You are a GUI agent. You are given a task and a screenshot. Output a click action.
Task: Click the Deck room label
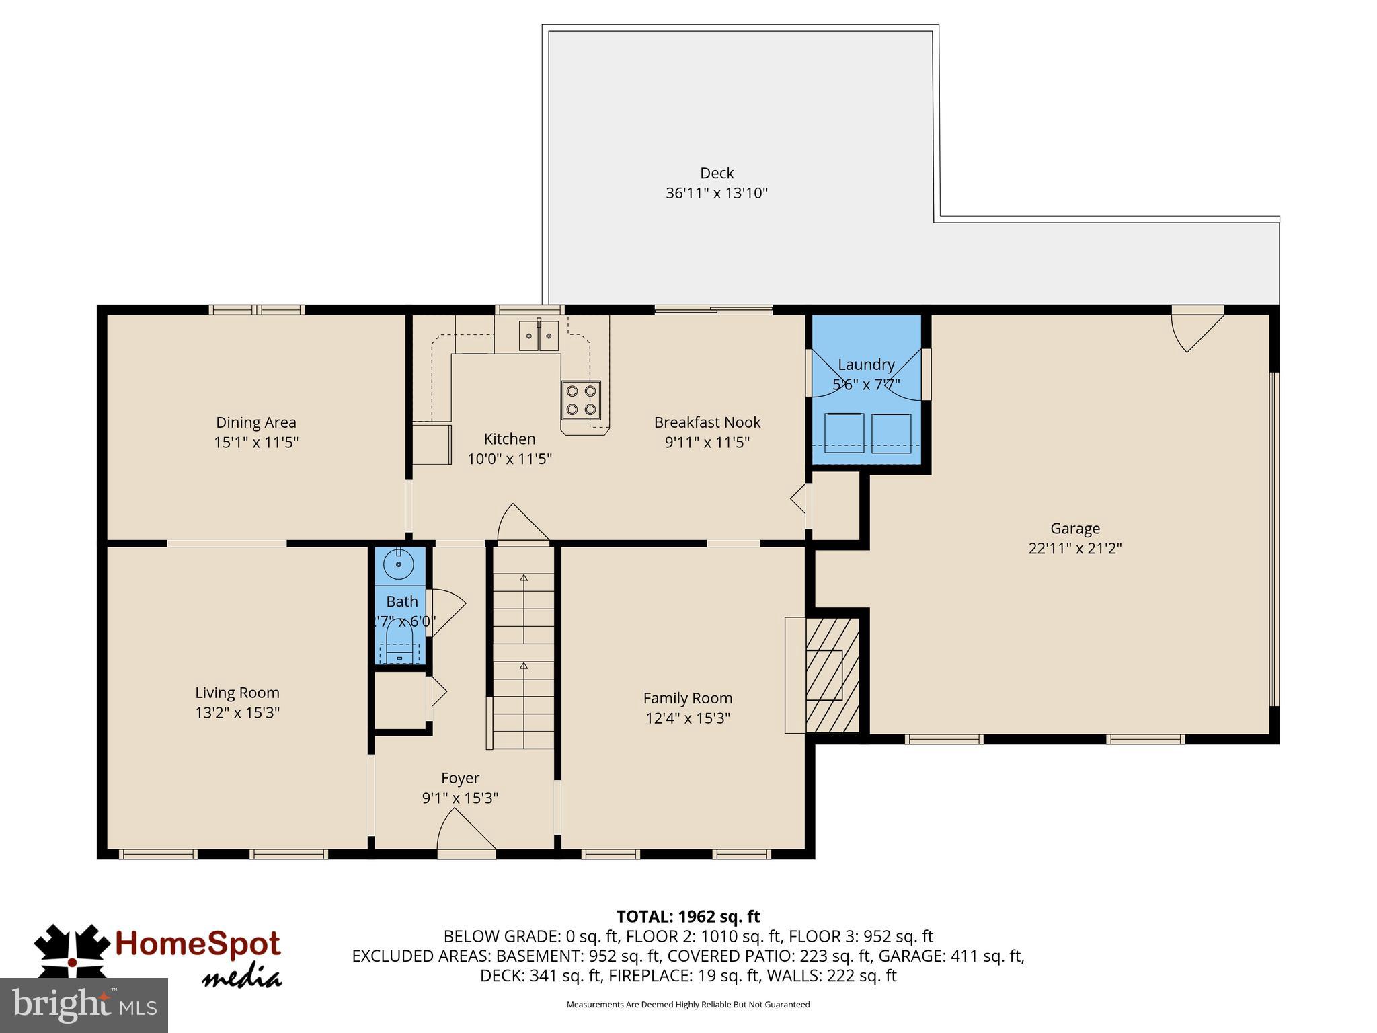point(716,173)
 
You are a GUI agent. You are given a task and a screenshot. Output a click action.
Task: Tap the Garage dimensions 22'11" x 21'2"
point(1074,548)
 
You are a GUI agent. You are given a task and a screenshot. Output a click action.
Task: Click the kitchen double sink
point(539,336)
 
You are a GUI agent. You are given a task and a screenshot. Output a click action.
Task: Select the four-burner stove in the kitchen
point(581,399)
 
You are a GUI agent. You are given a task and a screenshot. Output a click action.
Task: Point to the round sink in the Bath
point(399,564)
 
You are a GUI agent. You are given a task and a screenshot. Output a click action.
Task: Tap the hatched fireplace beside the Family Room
point(832,675)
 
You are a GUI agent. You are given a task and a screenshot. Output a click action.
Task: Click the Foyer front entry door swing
point(465,834)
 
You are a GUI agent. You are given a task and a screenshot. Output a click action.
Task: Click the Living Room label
point(237,693)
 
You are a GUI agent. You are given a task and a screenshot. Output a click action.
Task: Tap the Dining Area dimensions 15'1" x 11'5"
point(255,443)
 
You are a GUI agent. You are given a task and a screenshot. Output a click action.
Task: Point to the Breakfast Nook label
point(707,422)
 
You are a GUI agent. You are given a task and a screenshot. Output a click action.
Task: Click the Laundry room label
point(866,365)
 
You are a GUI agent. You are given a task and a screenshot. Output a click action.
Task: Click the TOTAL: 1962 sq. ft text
point(688,917)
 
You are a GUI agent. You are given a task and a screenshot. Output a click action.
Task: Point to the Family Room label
point(687,698)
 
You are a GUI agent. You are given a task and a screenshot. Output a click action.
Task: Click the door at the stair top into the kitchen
point(522,525)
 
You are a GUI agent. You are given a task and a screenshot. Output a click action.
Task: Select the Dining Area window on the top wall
point(256,310)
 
